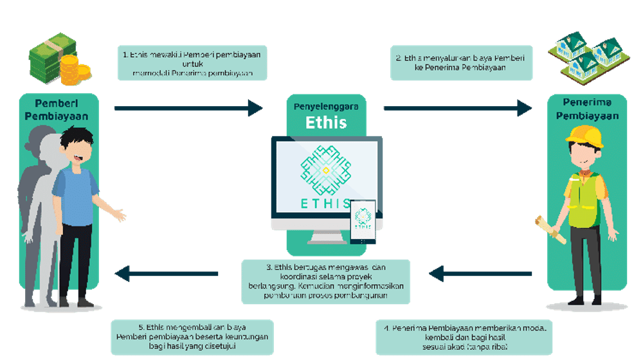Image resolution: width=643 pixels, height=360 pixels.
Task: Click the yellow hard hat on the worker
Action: [584, 136]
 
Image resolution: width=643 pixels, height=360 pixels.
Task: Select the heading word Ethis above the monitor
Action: [326, 122]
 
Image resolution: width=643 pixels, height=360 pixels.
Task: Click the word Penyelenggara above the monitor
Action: [326, 106]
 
